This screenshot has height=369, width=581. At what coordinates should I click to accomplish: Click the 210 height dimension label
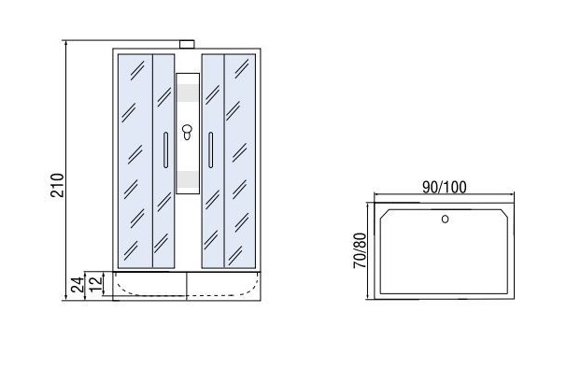coord(57,185)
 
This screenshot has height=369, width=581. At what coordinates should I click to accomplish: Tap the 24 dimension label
coord(78,285)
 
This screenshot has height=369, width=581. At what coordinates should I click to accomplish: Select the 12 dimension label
coord(96,284)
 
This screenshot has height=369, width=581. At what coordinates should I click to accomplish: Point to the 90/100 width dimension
coord(445,188)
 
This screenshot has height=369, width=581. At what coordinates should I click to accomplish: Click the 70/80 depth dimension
coord(360,250)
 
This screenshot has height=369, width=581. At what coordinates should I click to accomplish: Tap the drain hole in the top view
coord(445,219)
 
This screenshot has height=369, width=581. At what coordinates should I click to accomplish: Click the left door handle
coord(165,150)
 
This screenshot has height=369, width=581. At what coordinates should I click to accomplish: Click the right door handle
coord(210,150)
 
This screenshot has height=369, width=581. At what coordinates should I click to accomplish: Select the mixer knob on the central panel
coord(187,132)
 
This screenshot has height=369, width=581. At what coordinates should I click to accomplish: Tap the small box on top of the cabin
coord(187,45)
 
